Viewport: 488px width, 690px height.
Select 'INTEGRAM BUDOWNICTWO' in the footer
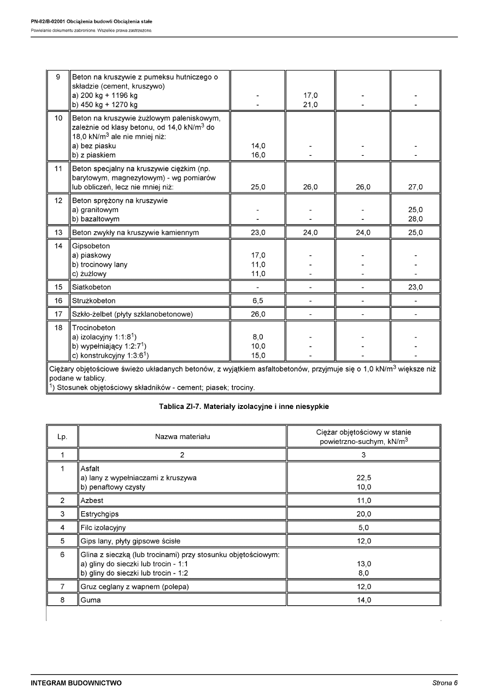tap(77, 683)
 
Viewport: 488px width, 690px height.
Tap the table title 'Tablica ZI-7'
tap(244, 406)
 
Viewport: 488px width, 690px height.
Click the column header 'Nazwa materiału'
tap(182, 436)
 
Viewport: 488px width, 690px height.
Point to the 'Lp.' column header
tap(62, 436)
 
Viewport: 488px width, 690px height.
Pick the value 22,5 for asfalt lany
tap(363, 477)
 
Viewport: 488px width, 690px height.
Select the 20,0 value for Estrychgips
tap(363, 514)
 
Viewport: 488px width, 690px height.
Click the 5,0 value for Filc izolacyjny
tap(363, 528)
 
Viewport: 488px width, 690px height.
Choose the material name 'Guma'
tap(91, 600)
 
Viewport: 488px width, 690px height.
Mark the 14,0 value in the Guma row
tap(363, 600)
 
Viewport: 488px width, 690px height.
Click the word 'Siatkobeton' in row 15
tap(91, 287)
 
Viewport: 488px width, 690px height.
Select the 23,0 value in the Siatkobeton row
tap(415, 287)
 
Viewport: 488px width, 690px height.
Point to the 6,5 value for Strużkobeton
tap(258, 301)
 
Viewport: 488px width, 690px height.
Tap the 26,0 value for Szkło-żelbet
tap(258, 314)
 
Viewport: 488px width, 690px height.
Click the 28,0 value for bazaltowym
tap(415, 219)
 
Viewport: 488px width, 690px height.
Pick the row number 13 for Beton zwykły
tap(58, 232)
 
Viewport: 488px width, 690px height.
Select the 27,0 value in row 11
tap(415, 187)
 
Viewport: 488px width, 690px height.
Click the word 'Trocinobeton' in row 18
tap(94, 328)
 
